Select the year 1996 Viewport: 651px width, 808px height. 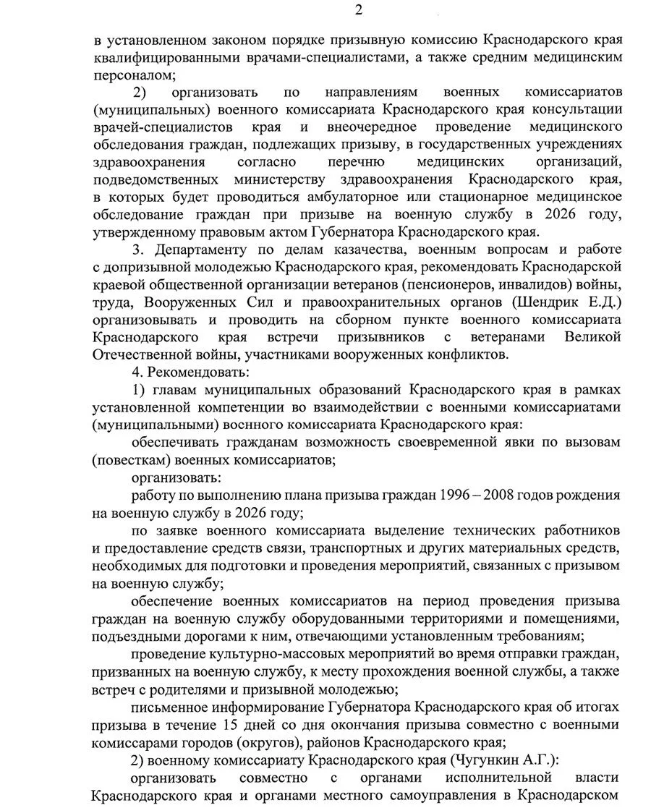click(x=456, y=496)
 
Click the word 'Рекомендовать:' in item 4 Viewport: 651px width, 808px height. click(x=198, y=372)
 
